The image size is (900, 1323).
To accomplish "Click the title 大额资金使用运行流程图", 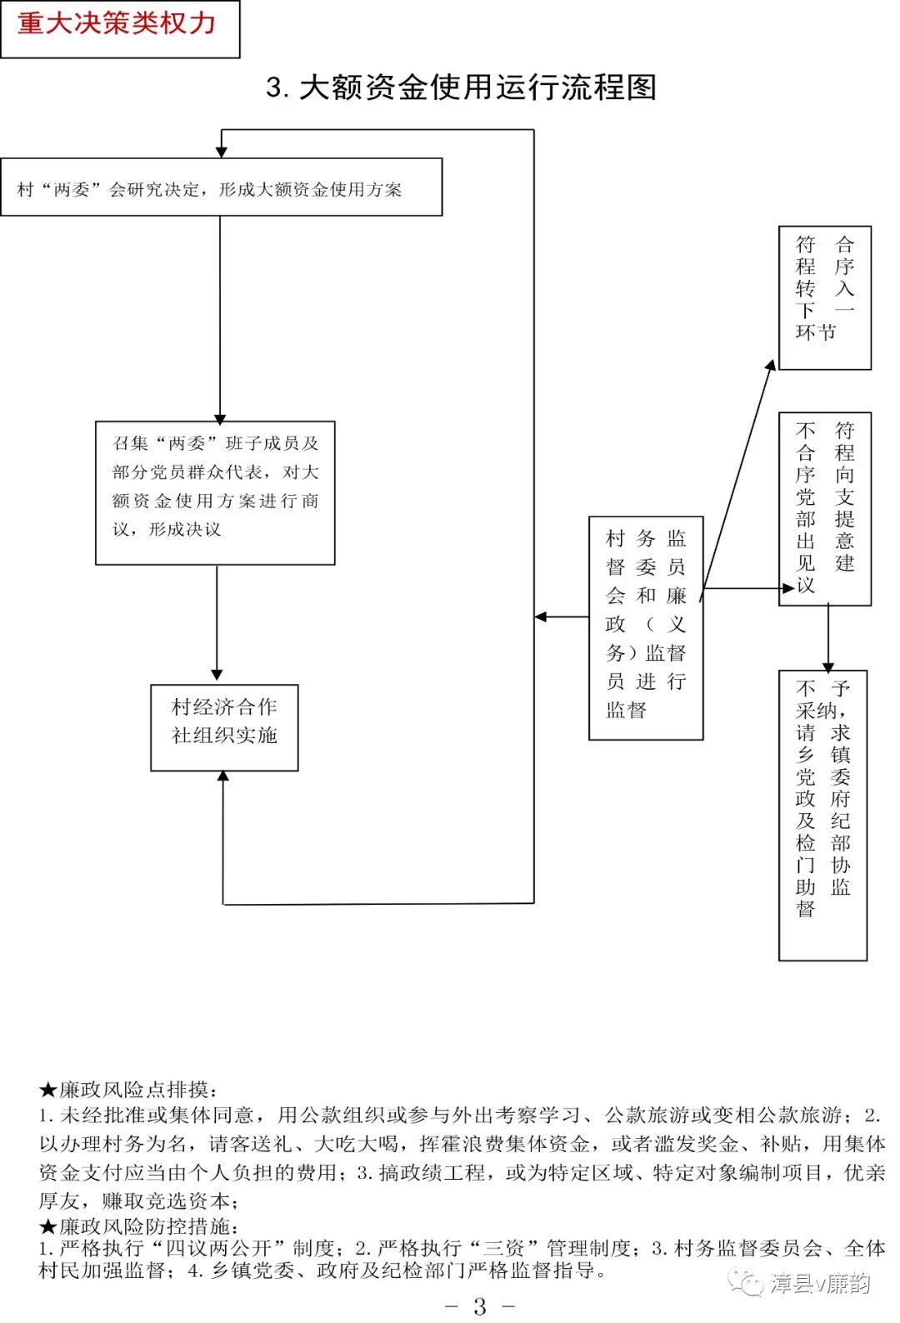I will tap(462, 87).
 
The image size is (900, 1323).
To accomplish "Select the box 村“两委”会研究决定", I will tap(221, 189).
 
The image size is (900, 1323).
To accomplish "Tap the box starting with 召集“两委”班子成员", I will tap(215, 493).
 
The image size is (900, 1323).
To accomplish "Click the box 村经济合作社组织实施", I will tap(224, 727).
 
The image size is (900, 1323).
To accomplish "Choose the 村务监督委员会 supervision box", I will tap(646, 627).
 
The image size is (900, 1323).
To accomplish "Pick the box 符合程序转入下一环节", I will tap(824, 297).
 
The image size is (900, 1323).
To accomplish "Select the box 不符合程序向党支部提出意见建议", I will tap(824, 508).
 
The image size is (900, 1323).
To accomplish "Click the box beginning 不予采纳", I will tap(822, 815).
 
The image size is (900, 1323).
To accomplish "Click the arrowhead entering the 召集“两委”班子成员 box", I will tap(220, 419).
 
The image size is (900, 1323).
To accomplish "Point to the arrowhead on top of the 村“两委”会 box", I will tap(222, 152).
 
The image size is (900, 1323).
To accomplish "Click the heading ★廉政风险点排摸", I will tap(129, 1090).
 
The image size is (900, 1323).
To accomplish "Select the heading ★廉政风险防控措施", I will tap(139, 1226).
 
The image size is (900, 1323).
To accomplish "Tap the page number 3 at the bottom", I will tap(480, 1306).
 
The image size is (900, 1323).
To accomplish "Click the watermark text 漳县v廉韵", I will tap(820, 1283).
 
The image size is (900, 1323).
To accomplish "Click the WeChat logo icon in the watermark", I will tap(746, 1283).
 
